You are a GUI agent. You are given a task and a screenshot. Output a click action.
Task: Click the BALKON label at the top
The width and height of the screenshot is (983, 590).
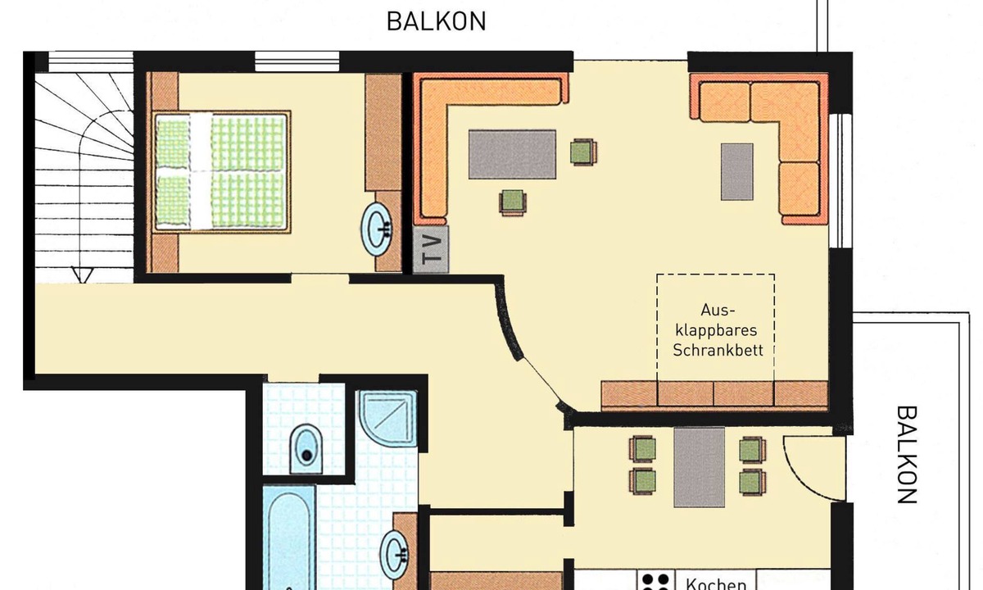pos(436,21)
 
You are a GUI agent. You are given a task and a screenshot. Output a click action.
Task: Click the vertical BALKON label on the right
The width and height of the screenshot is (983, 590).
pos(906,454)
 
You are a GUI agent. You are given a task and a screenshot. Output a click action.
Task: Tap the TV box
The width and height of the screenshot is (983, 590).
pos(431,249)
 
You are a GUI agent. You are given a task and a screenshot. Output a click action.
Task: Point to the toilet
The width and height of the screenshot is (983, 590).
pos(306,449)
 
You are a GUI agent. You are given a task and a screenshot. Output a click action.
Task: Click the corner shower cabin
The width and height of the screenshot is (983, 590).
pos(388,417)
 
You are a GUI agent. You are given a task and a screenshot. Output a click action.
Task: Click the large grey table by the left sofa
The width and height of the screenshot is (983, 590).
pos(512,154)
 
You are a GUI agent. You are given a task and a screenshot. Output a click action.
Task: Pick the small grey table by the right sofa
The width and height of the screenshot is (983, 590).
pos(737,171)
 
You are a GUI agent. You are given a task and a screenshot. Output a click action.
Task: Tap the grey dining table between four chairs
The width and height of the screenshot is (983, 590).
pos(700,468)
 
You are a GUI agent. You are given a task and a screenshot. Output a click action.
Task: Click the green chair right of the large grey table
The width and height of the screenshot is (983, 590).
pos(583,152)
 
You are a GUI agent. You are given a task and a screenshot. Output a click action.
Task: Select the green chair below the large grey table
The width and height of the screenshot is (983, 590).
pos(513,202)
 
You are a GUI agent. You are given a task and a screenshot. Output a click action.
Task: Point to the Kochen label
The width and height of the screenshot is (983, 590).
pos(716,584)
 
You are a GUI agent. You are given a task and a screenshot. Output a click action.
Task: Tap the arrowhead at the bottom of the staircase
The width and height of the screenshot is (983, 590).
pos(82,275)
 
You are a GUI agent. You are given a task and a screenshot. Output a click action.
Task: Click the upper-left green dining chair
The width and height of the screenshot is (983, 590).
pos(643,449)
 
